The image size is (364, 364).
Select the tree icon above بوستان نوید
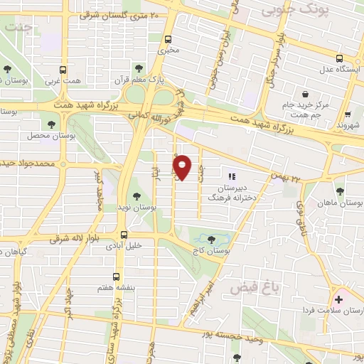click(x=136, y=196)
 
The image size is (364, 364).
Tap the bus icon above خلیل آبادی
click(x=124, y=235)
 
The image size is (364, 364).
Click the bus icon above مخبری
click(x=168, y=40)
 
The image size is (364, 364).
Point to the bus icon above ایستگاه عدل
click(x=340, y=59)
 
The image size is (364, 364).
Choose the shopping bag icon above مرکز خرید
click(x=306, y=93)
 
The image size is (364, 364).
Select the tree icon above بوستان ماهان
click(x=340, y=191)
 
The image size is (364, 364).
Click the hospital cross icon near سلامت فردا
click(x=338, y=299)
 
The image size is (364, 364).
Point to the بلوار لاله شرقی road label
click(x=78, y=240)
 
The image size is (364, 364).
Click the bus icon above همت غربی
click(x=63, y=70)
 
